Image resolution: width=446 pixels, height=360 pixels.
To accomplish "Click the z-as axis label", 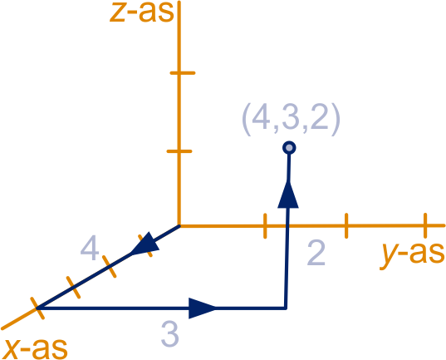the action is pos(142,12).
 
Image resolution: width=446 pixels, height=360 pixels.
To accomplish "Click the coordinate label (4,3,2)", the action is pos(291,119).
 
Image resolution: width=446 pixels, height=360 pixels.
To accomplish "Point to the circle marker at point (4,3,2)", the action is pos(289,148).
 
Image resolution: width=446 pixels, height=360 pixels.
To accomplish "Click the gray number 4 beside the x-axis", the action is pos(90,248).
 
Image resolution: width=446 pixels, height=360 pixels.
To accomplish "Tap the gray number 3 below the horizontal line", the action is pos(169,333).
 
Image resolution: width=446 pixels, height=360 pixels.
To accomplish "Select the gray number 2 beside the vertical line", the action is pos(316,254).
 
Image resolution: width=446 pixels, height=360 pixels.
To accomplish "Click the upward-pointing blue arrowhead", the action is pos(288,194).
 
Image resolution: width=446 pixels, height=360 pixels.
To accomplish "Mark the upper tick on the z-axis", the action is pos(183,73).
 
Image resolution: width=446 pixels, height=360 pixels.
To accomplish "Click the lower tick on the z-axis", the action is pos(179,151).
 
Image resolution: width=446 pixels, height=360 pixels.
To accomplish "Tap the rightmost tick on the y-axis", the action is pos(425,225).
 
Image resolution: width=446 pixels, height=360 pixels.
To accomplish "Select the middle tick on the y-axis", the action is pos(346,225).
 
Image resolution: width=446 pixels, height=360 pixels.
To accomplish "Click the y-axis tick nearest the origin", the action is pos(265,226).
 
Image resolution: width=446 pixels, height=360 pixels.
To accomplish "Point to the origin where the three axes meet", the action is pos(179,226).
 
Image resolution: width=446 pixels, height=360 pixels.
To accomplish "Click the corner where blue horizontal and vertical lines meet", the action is pos(286,308).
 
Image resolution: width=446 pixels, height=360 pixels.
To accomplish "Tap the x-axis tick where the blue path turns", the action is pos(37,308).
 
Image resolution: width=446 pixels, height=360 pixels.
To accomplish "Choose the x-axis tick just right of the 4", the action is pos(110,267).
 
